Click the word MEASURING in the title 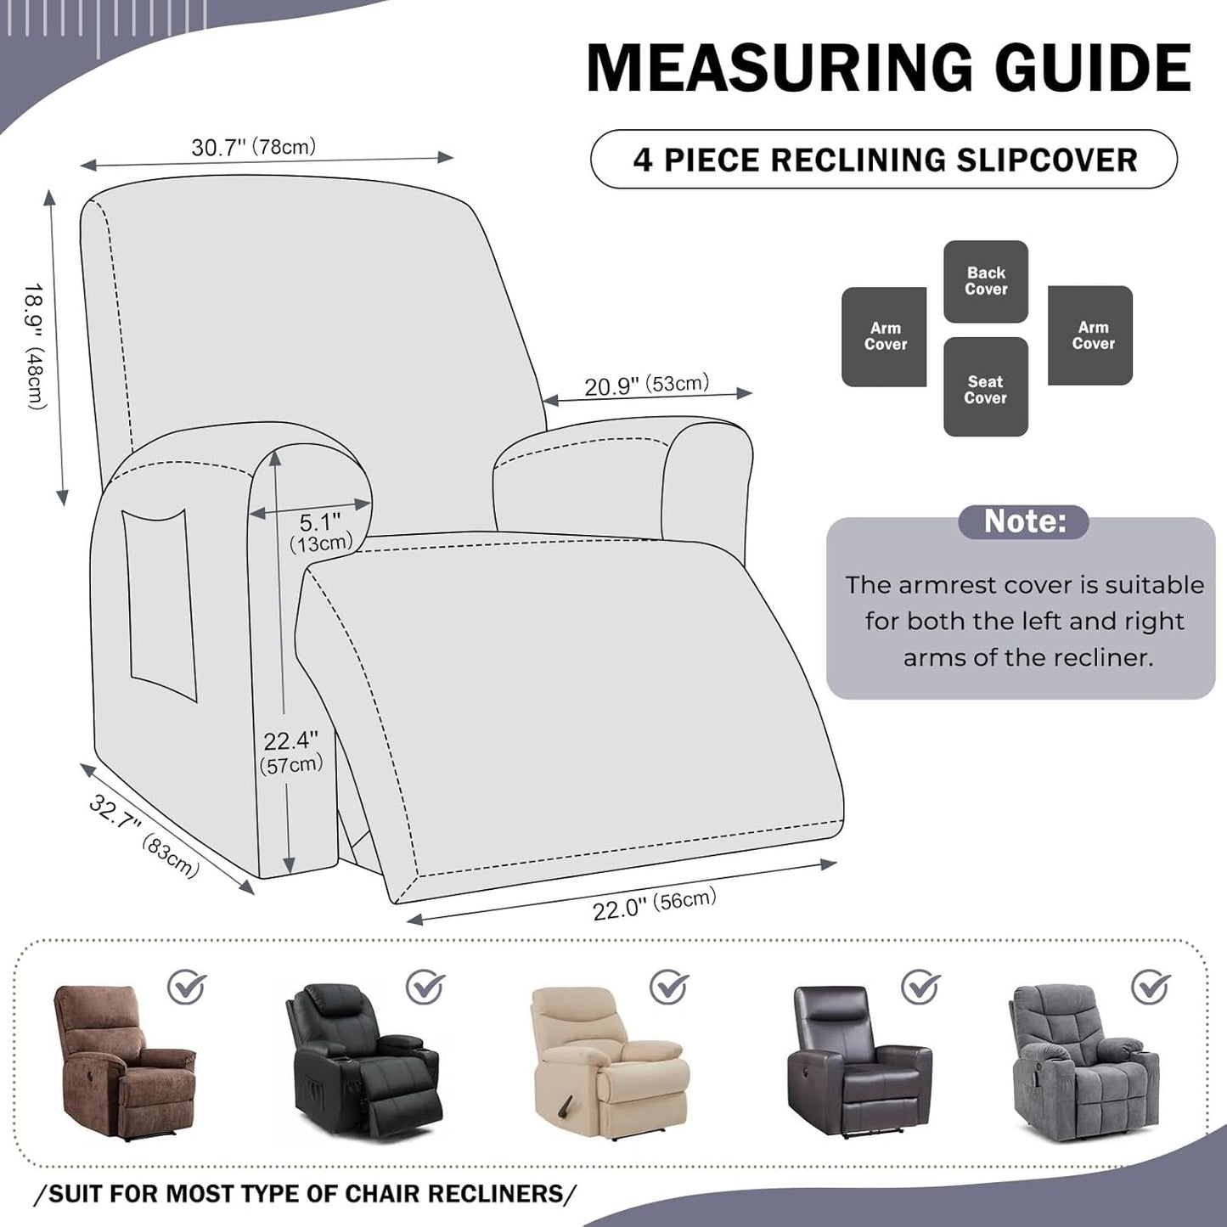click(780, 67)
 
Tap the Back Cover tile click(986, 281)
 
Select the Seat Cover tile click(985, 388)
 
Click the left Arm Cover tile click(884, 336)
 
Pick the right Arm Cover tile click(1091, 335)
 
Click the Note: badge click(1023, 521)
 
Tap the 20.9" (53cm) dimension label click(646, 386)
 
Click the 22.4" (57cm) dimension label click(290, 752)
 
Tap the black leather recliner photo click(363, 1061)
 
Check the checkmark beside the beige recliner click(669, 987)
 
